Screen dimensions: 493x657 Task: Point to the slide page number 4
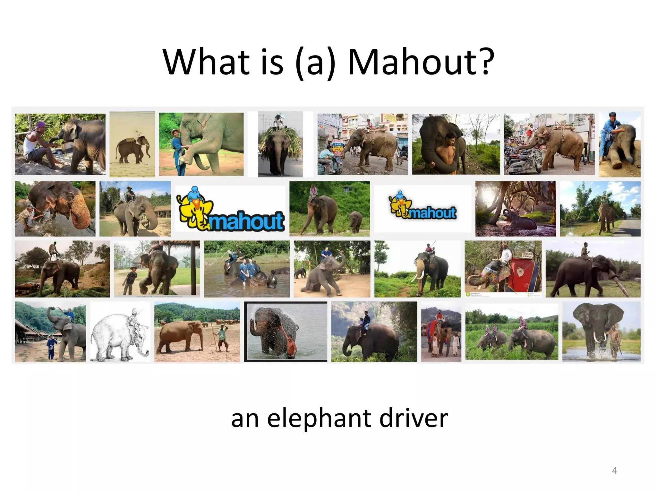[614, 471]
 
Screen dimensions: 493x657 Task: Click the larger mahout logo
[230, 209]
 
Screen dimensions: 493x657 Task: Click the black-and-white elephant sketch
[120, 333]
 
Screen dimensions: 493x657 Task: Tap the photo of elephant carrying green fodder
[280, 144]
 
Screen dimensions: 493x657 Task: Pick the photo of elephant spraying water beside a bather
[286, 332]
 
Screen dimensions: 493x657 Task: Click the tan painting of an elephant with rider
[132, 144]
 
